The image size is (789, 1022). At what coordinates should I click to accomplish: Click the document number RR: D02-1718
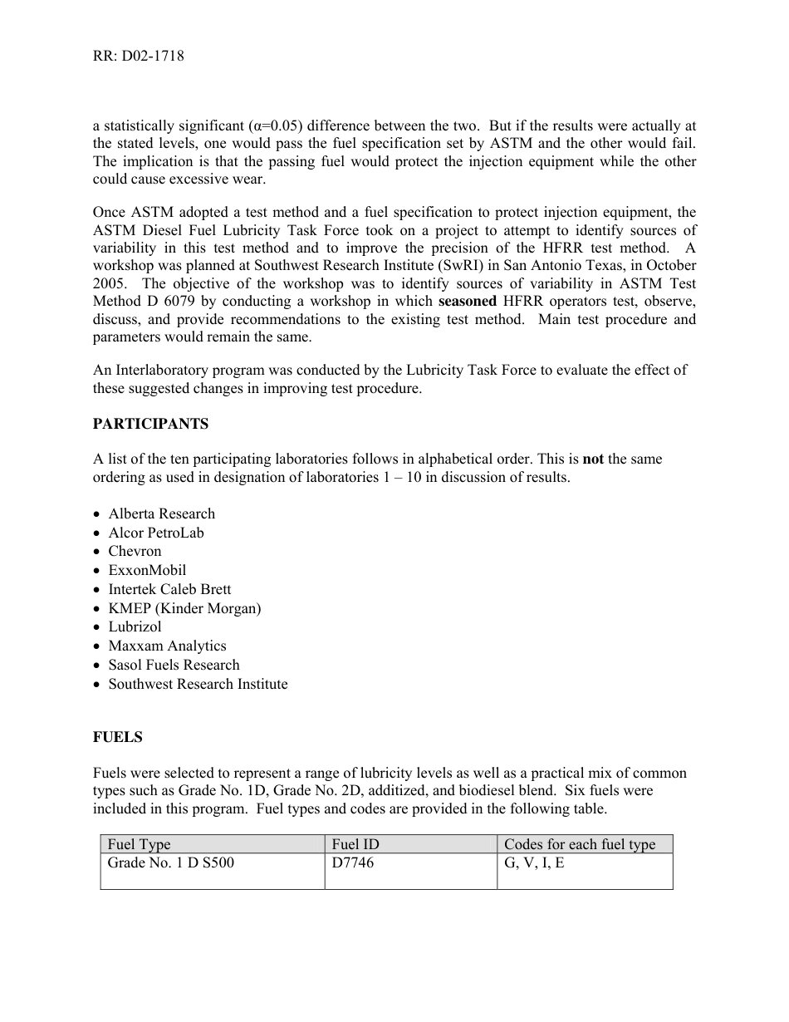139,57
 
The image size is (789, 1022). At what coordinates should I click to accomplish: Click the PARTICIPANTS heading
150,424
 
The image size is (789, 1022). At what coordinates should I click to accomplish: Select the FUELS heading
117,737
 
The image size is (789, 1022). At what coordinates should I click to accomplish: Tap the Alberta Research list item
161,513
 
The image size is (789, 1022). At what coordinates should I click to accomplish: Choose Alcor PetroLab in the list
155,533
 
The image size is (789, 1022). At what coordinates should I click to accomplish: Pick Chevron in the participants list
135,551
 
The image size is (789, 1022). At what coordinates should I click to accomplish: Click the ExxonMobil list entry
147,570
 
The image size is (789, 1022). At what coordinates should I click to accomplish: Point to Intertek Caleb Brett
169,589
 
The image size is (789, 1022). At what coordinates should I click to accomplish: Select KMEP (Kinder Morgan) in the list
184,608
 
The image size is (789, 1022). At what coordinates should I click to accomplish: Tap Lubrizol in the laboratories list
135,626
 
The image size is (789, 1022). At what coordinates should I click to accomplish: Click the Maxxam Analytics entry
167,646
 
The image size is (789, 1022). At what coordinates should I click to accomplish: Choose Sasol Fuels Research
174,665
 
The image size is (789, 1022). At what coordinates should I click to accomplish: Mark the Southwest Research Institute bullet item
198,684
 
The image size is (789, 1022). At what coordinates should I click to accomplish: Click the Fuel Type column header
139,844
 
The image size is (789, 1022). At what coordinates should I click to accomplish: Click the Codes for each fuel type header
580,844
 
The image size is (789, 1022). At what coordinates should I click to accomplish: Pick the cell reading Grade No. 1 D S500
170,862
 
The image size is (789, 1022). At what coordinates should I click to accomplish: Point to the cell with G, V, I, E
534,862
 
